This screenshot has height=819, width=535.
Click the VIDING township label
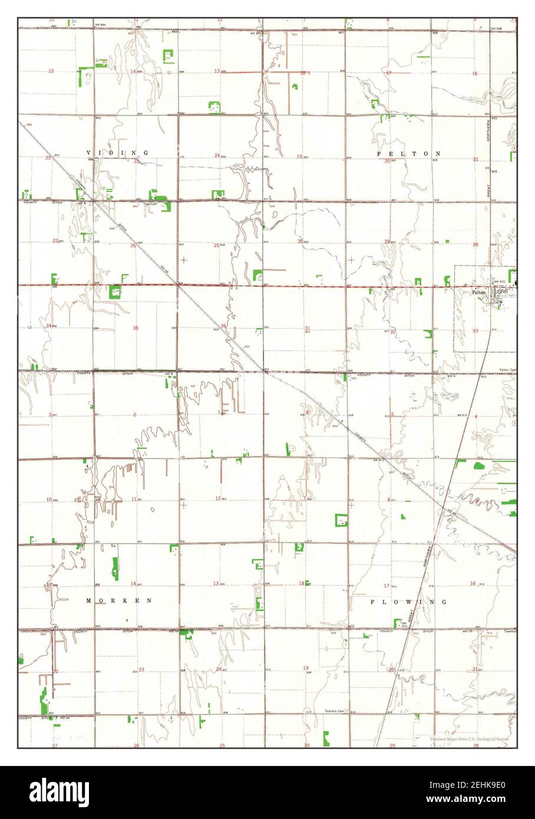coord(117,153)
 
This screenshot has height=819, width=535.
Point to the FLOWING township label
coord(409,602)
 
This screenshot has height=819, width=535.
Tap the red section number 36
coord(223,326)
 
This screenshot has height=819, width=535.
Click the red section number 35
coord(136,328)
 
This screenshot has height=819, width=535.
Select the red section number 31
coord(307,328)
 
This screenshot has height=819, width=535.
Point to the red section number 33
coord(475,331)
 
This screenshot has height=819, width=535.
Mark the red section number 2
coord(134,415)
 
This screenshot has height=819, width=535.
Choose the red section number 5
coord(392,415)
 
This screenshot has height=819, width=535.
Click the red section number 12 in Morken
coord(218,498)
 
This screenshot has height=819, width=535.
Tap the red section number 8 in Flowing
coord(388,500)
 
